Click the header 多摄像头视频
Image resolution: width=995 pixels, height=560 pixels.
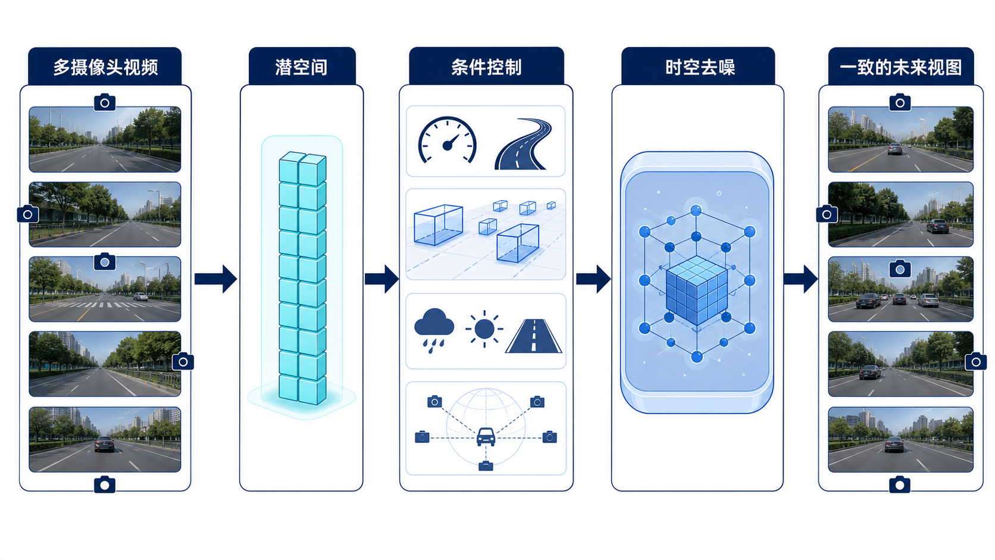pyautogui.click(x=105, y=67)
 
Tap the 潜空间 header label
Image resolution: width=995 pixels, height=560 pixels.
pyautogui.click(x=302, y=67)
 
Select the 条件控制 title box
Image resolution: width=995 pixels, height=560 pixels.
pyautogui.click(x=486, y=67)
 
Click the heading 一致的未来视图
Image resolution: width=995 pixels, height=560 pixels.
pyautogui.click(x=901, y=67)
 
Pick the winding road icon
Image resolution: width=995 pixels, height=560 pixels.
pyautogui.click(x=523, y=144)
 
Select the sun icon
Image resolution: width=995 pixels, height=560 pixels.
pyautogui.click(x=484, y=329)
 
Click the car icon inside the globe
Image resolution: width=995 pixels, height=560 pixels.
pyautogui.click(x=486, y=437)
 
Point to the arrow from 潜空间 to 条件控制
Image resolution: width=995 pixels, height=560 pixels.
pyautogui.click(x=381, y=279)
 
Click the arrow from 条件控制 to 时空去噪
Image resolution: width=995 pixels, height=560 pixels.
pyautogui.click(x=593, y=279)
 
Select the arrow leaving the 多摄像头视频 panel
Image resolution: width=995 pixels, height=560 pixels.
pyautogui.click(x=215, y=279)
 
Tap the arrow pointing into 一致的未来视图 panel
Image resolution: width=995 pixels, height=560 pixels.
pyautogui.click(x=800, y=279)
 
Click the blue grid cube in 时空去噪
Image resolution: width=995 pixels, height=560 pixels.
pyautogui.click(x=697, y=290)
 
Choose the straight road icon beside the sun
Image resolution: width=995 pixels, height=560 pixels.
pyautogui.click(x=533, y=336)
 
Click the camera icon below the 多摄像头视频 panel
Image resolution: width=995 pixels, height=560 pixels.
pyautogui.click(x=105, y=484)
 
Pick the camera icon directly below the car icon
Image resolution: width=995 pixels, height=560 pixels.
pyautogui.click(x=486, y=467)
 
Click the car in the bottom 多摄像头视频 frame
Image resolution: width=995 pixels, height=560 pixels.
pyautogui.click(x=104, y=444)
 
